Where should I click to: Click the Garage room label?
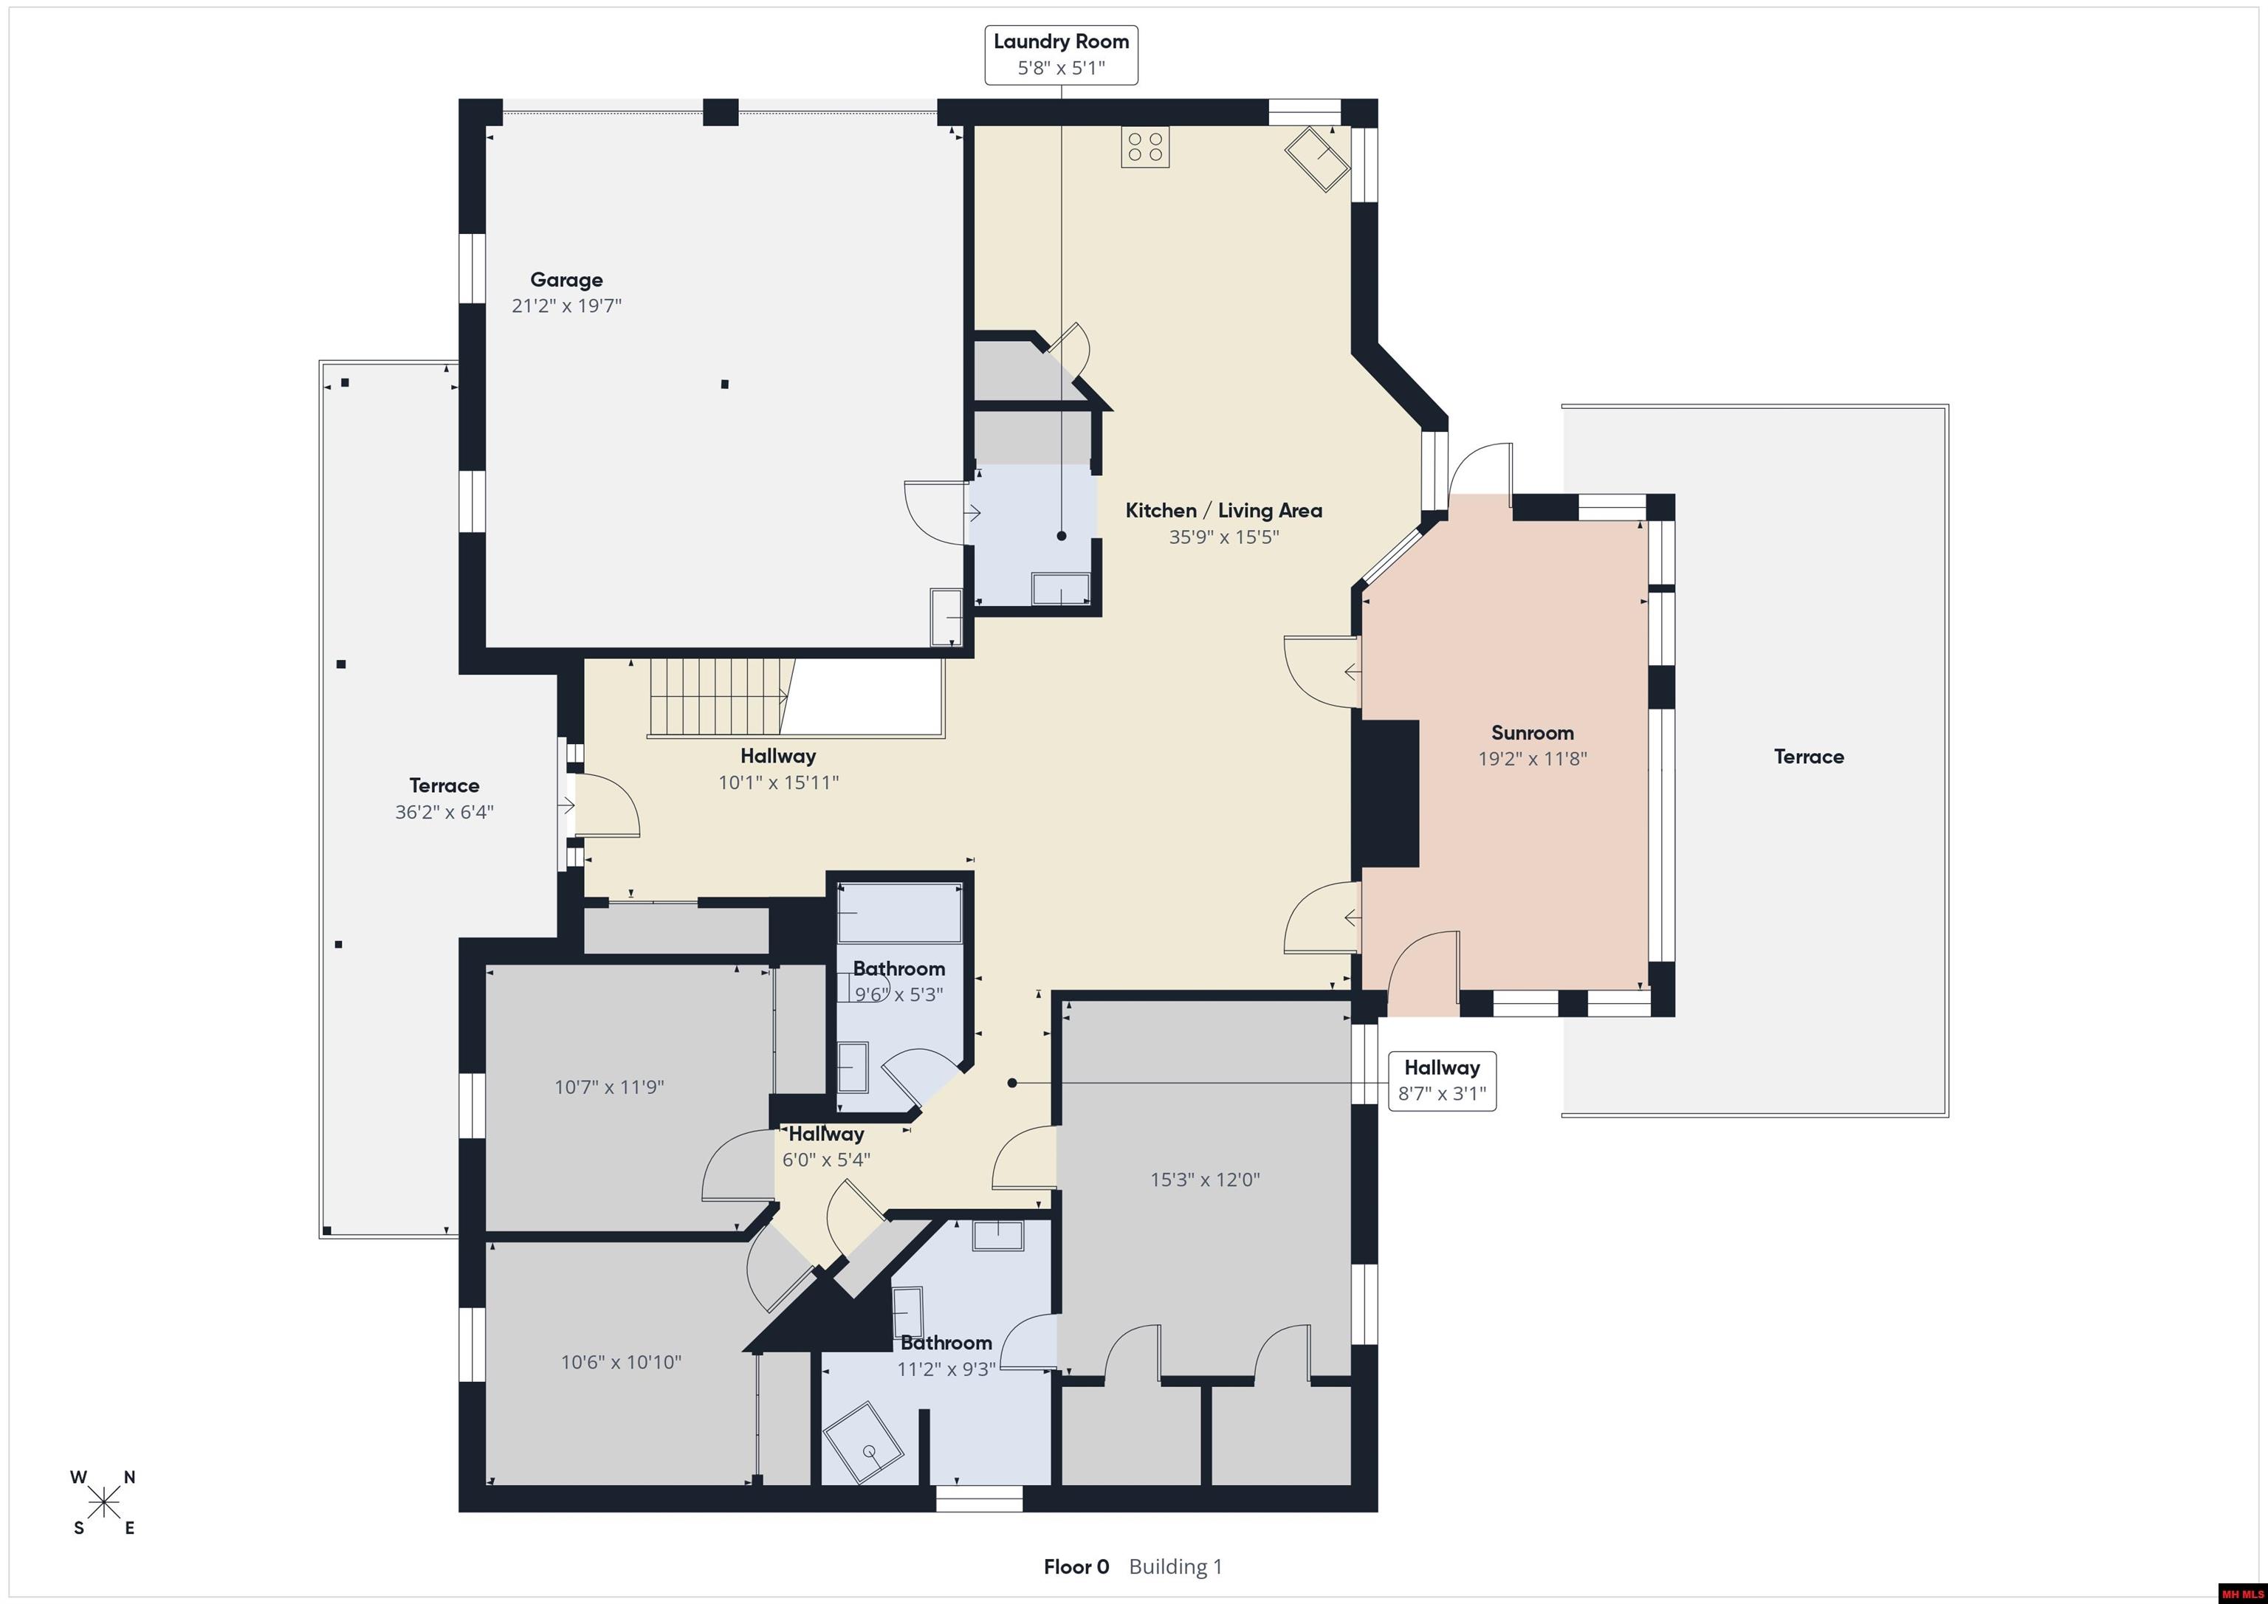pos(566,280)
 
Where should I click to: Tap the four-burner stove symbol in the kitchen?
pos(1145,147)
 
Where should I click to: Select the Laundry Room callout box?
pos(1061,55)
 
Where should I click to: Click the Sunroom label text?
pos(1532,733)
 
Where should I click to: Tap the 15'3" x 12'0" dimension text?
pos(1205,1180)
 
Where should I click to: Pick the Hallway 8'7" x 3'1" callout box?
pos(1442,1081)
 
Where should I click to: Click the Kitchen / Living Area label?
pos(1224,511)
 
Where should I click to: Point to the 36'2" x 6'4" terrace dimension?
pos(444,812)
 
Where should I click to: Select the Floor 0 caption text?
pos(1076,1566)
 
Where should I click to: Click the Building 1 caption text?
pos(1175,1566)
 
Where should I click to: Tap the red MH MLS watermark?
pos(2241,1593)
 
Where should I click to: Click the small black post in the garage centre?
pos(725,385)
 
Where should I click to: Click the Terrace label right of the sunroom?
pos(1809,757)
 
